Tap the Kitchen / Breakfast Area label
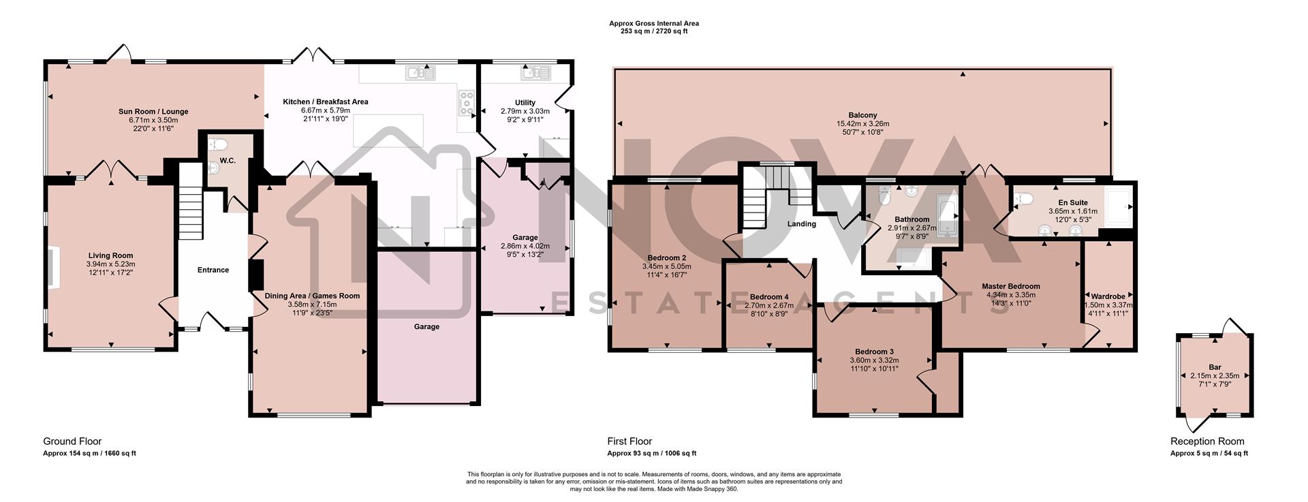pyautogui.click(x=326, y=102)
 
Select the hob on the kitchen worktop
pyautogui.click(x=467, y=103)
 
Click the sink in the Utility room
pyautogui.click(x=530, y=72)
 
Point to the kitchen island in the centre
pyautogui.click(x=388, y=130)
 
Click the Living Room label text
pyautogui.click(x=111, y=256)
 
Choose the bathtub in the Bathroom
pyautogui.click(x=948, y=216)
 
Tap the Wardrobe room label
pyautogui.click(x=1108, y=297)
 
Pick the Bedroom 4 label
pyautogui.click(x=769, y=297)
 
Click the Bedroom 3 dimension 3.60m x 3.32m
pyautogui.click(x=874, y=360)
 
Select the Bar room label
pyautogui.click(x=1215, y=367)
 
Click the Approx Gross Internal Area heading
pyautogui.click(x=653, y=24)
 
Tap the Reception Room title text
pyautogui.click(x=1206, y=441)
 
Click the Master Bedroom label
pyautogui.click(x=1010, y=286)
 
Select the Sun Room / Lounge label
pyautogui.click(x=153, y=112)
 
